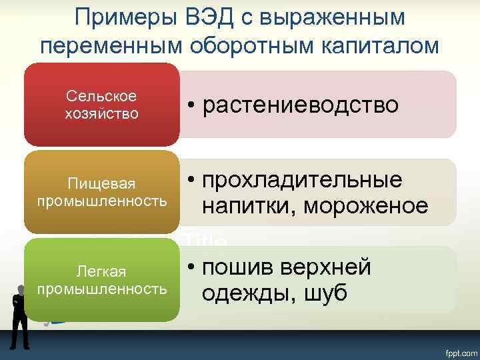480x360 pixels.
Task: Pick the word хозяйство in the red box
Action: [102, 113]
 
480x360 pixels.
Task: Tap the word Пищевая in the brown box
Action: [102, 183]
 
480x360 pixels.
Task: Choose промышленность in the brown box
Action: [102, 201]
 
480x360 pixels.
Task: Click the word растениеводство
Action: [301, 105]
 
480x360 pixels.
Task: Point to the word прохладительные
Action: [303, 180]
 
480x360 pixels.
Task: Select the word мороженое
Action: [366, 206]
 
